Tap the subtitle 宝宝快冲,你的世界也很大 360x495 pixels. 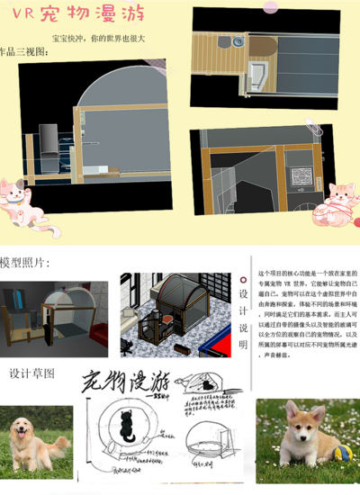(97, 40)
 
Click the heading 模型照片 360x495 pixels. (25, 263)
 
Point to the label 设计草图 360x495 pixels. (32, 372)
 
